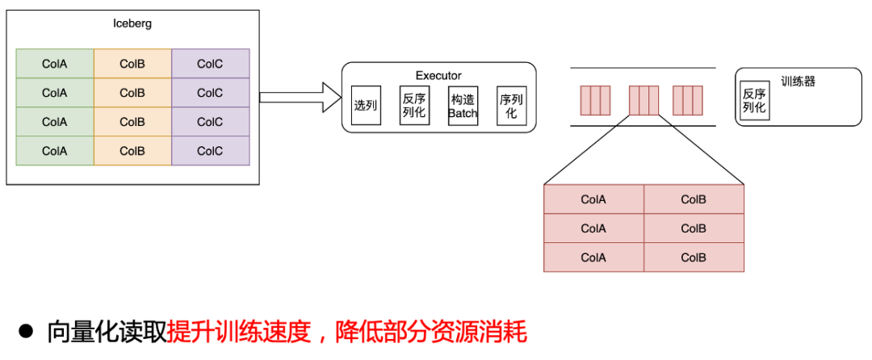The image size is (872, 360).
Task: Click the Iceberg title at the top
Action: point(132,23)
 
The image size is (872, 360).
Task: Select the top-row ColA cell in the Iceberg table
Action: point(55,64)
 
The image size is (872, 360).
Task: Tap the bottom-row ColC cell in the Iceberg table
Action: point(210,151)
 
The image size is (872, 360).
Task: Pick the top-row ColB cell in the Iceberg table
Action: point(132,64)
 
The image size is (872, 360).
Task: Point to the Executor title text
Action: point(438,76)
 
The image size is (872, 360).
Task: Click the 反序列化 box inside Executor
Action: point(414,106)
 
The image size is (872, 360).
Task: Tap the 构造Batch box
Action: point(463,106)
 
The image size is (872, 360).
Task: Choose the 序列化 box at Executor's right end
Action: point(511,106)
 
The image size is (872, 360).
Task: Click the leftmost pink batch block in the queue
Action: point(595,100)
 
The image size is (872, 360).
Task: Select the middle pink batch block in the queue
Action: point(644,100)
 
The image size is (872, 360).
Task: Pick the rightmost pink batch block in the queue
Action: point(689,100)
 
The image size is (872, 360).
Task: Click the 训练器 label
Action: point(798,82)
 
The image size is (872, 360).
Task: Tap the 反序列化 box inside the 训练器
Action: point(754,100)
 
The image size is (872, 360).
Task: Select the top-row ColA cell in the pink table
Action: point(593,199)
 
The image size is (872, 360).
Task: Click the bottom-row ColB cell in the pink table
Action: point(694,257)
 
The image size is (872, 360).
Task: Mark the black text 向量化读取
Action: point(107,331)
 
